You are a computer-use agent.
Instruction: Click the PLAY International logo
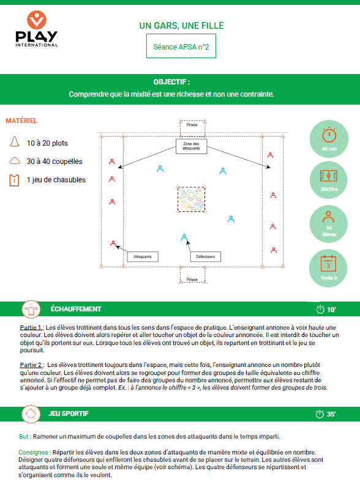point(36,29)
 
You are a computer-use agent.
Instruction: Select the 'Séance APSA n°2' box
point(181,46)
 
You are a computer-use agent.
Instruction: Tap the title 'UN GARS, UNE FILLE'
point(181,26)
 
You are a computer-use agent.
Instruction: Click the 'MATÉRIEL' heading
point(21,120)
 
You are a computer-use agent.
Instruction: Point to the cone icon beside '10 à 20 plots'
point(15,141)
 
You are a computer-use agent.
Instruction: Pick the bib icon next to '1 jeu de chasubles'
point(14,180)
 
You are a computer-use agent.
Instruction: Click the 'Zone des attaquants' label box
point(191,146)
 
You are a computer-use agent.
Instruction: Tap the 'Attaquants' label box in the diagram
point(143,256)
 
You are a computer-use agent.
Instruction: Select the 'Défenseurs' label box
point(205,256)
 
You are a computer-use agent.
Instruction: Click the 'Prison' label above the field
point(192,125)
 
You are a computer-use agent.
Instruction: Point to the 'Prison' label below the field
point(192,280)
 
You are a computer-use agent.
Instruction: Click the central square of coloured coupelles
point(191,199)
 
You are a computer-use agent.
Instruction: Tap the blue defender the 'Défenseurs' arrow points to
point(184,237)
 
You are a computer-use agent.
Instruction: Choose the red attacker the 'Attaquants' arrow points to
point(113,243)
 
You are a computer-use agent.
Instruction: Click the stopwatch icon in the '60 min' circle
point(329,135)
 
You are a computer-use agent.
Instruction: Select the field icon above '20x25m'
point(329,176)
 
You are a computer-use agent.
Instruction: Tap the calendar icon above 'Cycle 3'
point(328,264)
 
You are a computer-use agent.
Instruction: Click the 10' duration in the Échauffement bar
point(326,309)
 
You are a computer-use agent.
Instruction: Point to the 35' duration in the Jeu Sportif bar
point(326,414)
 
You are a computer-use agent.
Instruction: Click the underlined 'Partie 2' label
point(31,365)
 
